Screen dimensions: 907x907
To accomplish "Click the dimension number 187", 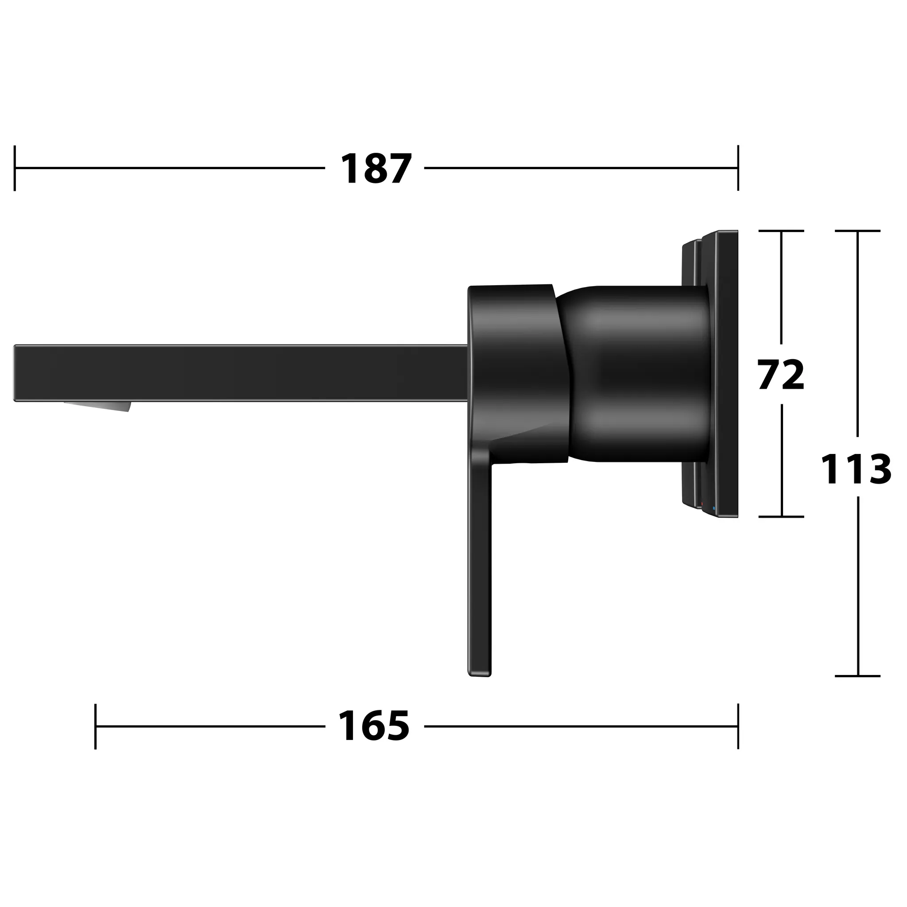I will tap(376, 169).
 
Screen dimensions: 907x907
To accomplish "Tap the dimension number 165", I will tap(374, 726).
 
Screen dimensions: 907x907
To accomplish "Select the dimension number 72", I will tap(781, 374).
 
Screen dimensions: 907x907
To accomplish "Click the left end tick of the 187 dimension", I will tap(15, 168).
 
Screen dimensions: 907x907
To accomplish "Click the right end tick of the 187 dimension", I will tap(738, 168).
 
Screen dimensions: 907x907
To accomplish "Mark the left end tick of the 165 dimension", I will tap(95, 726).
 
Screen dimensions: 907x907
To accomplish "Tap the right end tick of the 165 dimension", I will tap(738, 726).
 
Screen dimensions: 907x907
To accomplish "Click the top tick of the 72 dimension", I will tap(781, 231).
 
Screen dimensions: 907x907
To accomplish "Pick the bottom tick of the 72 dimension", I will tap(781, 517).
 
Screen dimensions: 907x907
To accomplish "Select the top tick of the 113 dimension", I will tap(858, 231).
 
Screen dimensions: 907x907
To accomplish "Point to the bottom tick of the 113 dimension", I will tap(858, 676).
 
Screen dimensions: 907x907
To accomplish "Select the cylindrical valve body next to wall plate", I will tap(639, 373).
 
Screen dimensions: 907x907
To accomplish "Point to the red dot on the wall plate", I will tap(702, 504).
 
